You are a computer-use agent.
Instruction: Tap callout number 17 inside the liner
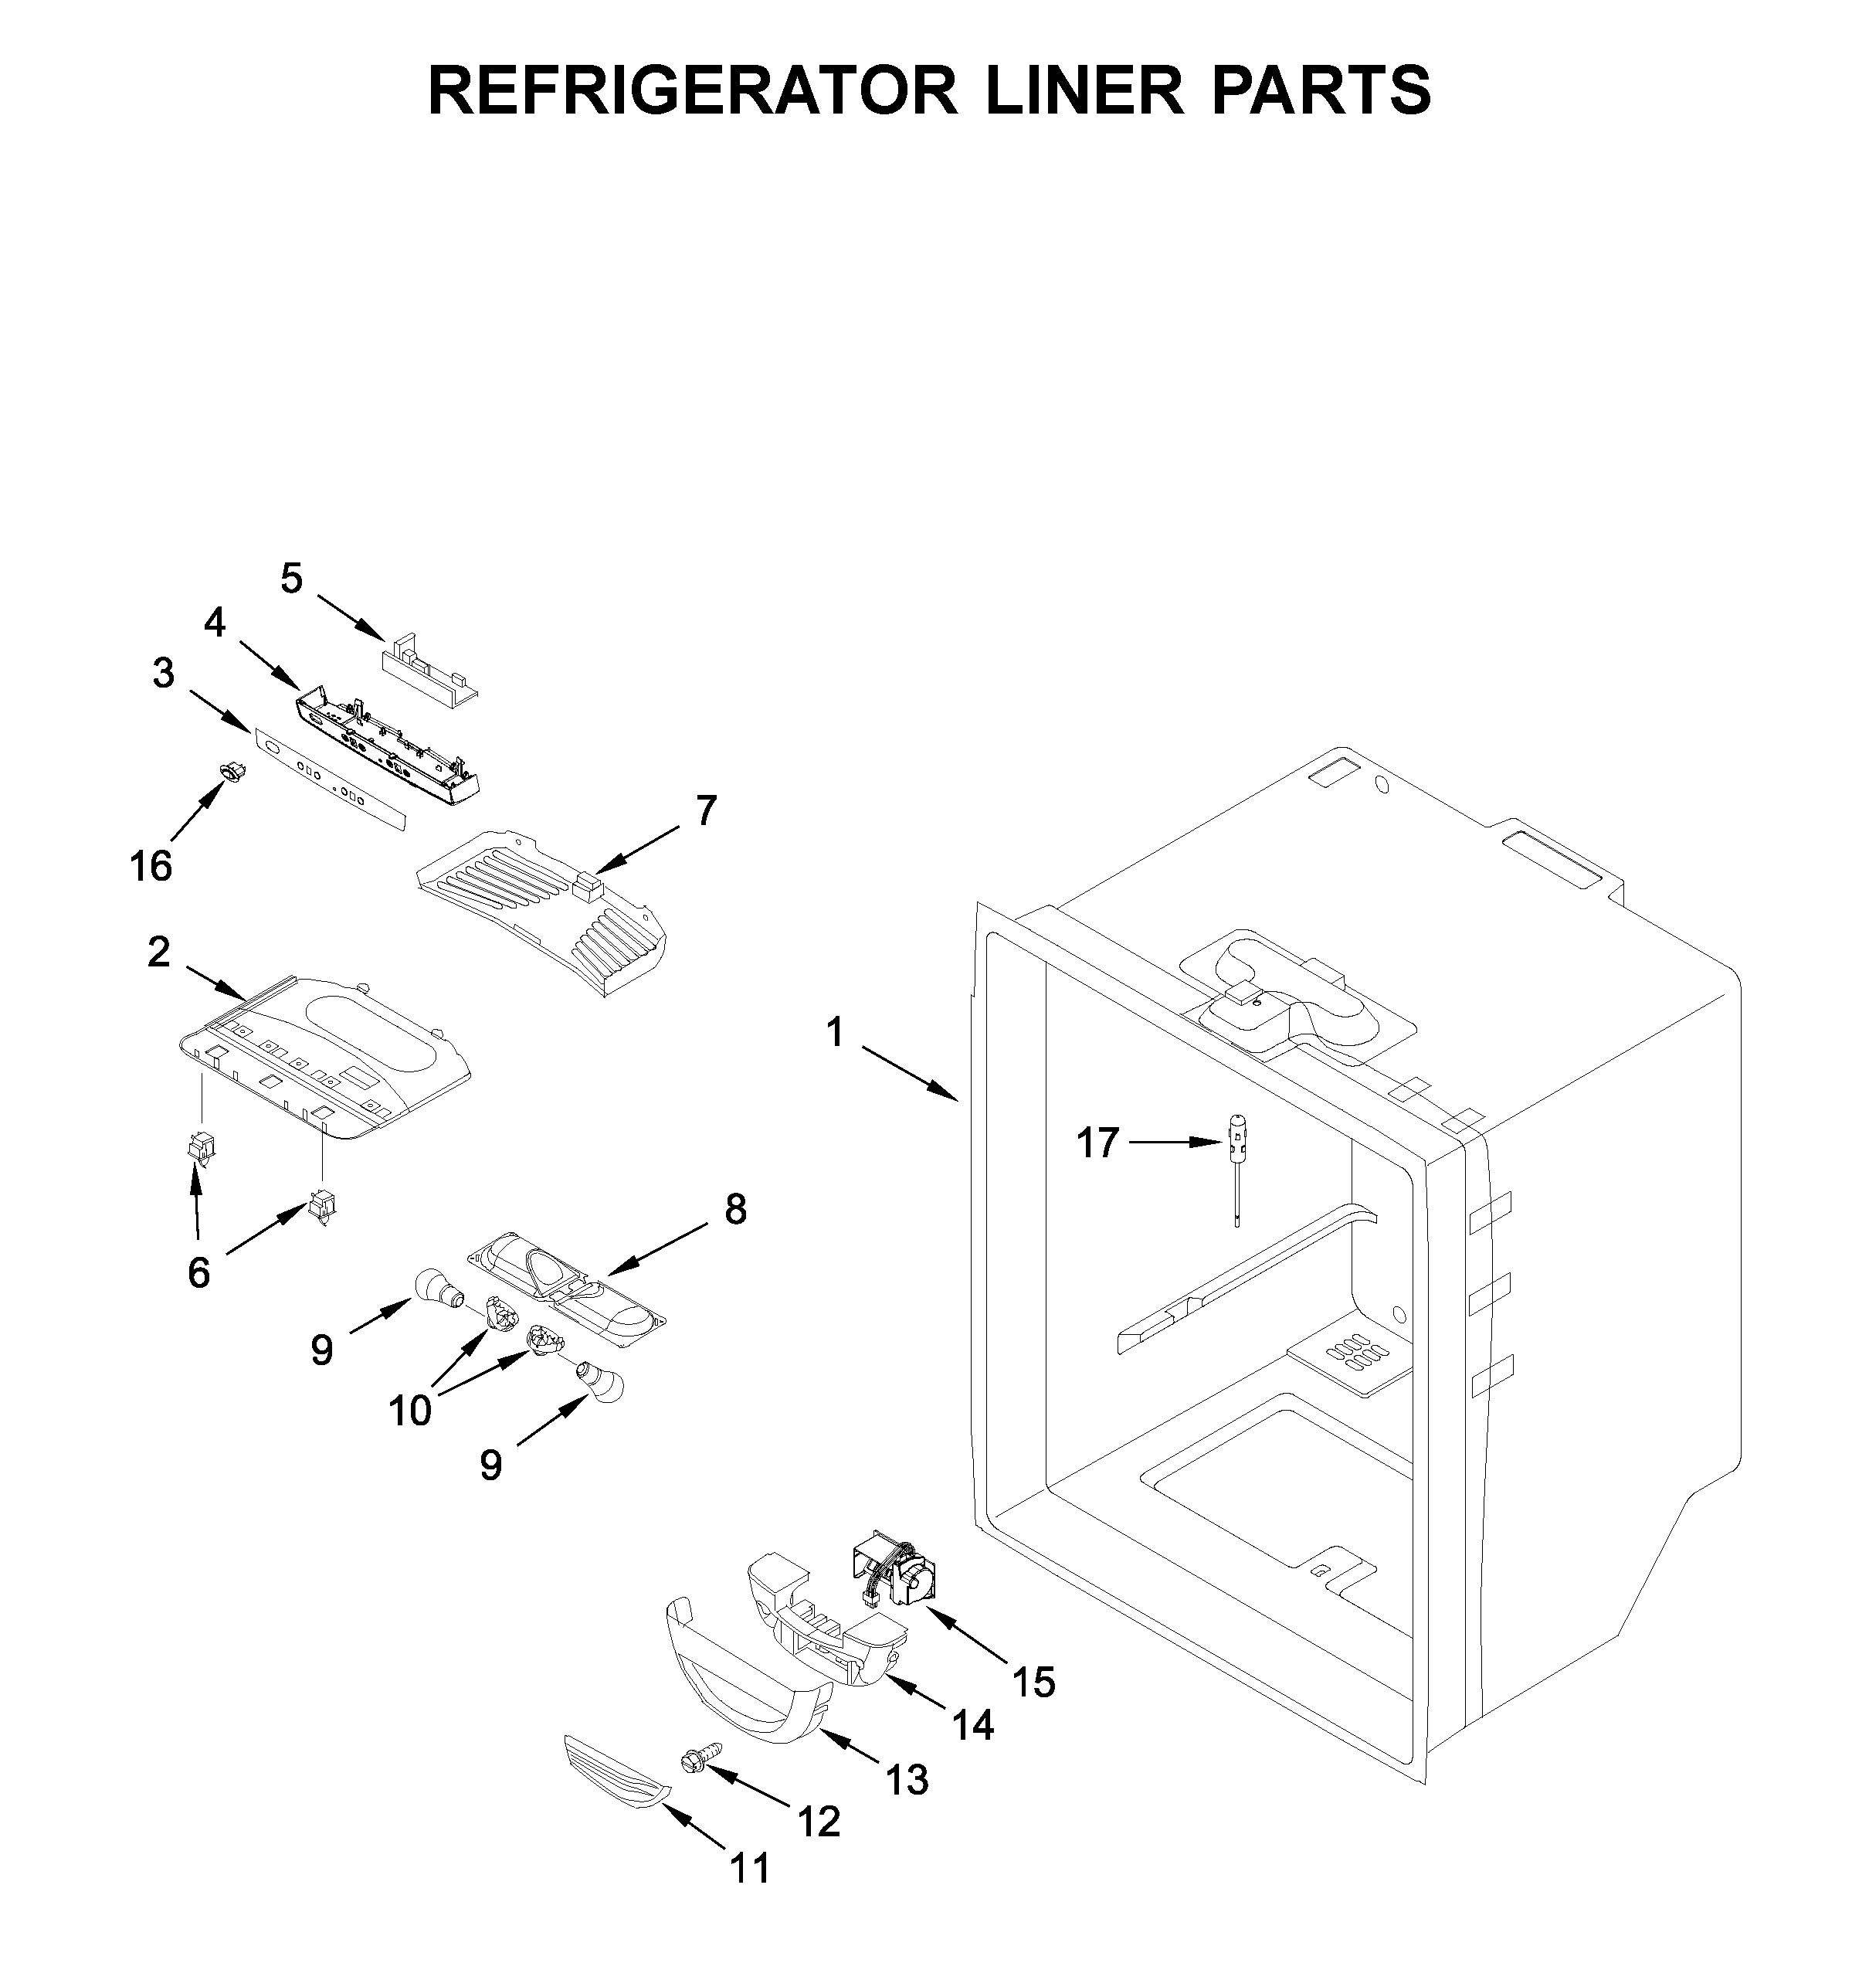[1097, 1143]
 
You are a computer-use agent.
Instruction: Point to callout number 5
[290, 579]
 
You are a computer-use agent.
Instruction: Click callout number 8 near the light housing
[734, 1209]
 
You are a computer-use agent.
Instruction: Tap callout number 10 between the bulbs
[410, 1411]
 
